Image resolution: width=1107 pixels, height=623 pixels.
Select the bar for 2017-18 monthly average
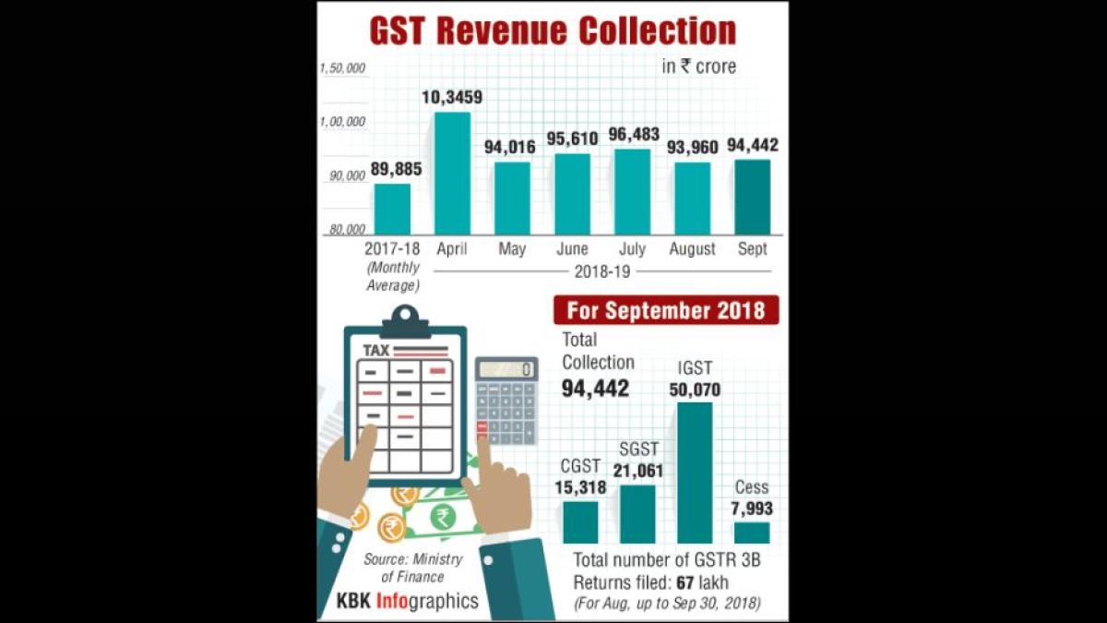392,210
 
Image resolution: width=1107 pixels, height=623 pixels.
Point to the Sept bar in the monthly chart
752,198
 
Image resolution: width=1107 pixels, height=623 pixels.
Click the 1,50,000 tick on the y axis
343,68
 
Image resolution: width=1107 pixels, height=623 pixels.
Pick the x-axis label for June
572,249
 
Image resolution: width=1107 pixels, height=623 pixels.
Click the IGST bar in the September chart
695,473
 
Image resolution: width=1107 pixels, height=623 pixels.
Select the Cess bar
752,533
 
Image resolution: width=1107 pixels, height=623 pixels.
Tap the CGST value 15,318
580,487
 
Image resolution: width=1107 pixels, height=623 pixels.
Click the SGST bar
637,514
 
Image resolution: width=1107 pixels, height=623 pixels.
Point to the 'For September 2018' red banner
665,310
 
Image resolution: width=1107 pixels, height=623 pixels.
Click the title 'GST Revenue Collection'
553,30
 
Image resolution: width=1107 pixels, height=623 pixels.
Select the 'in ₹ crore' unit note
698,66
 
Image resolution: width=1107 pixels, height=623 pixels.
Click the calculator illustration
506,401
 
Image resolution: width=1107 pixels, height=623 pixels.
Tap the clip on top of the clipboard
404,321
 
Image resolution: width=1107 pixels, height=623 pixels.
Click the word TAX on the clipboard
376,351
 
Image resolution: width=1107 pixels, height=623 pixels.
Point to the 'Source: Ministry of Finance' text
412,568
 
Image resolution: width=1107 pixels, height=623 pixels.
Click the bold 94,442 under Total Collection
596,389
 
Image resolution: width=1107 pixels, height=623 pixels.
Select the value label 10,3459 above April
451,98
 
